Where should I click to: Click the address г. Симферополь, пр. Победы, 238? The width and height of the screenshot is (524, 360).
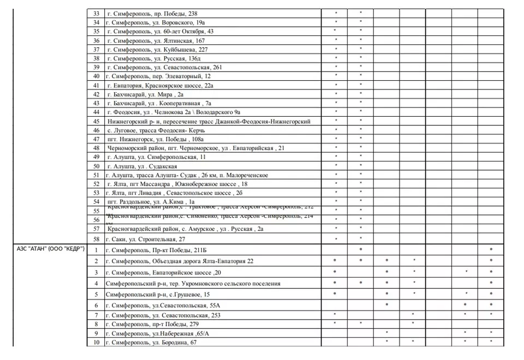tap(152, 13)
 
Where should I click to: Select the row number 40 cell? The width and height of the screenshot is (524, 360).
tap(97, 76)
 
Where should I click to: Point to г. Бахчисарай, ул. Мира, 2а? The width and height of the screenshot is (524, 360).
tap(145, 94)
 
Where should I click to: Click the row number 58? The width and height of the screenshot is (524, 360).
tap(97, 238)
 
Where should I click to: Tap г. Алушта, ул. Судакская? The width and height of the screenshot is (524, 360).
tap(142, 166)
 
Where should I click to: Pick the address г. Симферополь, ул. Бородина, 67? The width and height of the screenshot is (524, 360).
tap(151, 342)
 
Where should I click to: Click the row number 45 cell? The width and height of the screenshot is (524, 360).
tap(97, 121)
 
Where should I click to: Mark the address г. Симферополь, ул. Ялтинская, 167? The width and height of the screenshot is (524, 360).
tap(156, 40)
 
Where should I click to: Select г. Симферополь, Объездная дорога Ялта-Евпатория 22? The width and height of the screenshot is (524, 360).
tap(180, 261)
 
